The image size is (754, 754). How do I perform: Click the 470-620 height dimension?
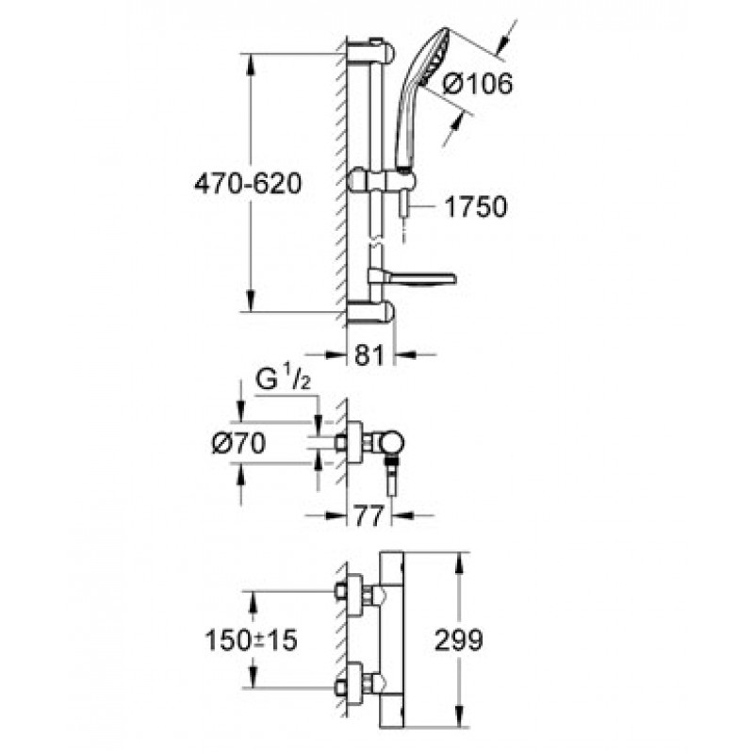[x=248, y=183]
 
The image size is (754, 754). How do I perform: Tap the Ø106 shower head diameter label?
[x=478, y=85]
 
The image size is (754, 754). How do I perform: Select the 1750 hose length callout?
[x=476, y=206]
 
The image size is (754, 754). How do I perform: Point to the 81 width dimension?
[x=369, y=355]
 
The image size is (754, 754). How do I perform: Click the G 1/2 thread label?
[x=283, y=380]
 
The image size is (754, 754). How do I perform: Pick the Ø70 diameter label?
[x=238, y=443]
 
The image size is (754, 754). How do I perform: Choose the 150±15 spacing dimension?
[x=251, y=641]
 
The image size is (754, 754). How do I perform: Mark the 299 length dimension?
[x=458, y=640]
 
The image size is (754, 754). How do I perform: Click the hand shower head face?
[x=434, y=58]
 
